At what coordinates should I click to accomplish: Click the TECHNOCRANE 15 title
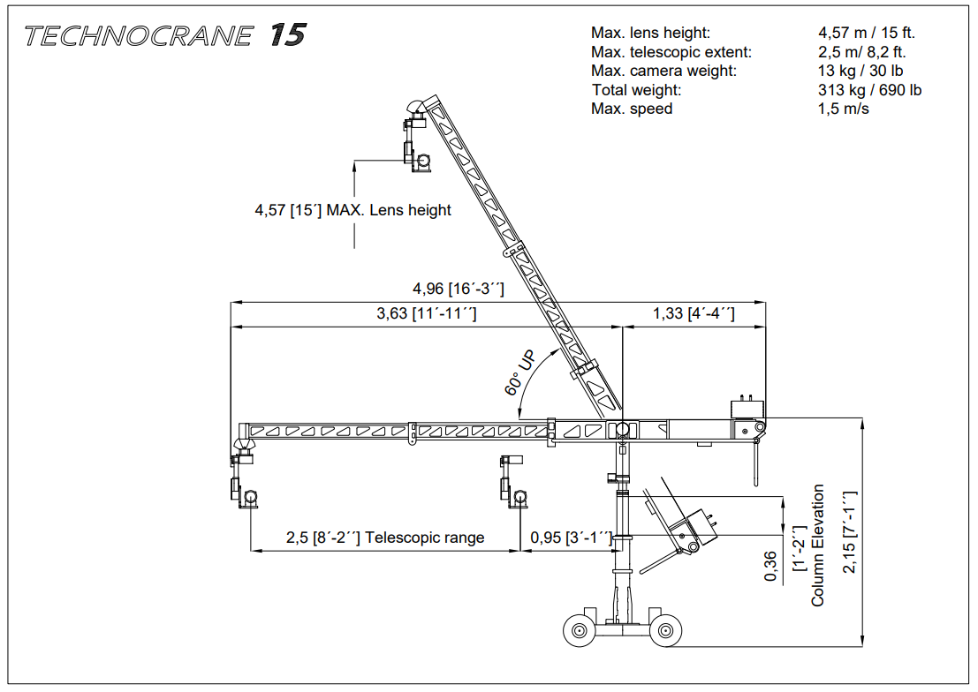(x=165, y=35)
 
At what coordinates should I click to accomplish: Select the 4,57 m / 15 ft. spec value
(x=866, y=33)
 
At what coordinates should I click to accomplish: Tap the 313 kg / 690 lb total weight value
(x=869, y=90)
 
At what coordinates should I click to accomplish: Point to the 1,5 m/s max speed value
(x=844, y=109)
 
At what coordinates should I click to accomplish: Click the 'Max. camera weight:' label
(x=663, y=71)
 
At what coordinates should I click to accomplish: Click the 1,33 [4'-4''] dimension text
(x=694, y=313)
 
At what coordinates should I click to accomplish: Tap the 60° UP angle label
(x=520, y=374)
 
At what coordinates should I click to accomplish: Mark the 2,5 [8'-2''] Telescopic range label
(x=384, y=538)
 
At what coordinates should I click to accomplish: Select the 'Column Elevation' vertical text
(x=818, y=545)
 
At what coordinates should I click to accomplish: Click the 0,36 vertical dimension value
(x=770, y=566)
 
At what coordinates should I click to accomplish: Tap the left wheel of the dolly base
(x=579, y=631)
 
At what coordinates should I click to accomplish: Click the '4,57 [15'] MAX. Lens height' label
(x=353, y=210)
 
